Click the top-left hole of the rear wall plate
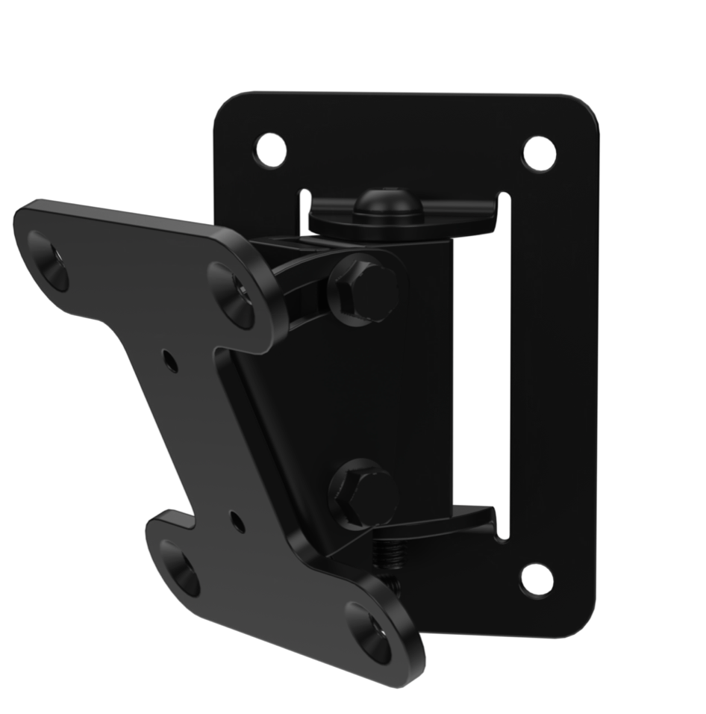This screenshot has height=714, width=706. (x=270, y=150)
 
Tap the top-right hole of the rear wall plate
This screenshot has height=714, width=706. (x=539, y=153)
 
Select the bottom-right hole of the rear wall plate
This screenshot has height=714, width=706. (x=537, y=579)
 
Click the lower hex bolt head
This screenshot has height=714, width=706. (x=364, y=493)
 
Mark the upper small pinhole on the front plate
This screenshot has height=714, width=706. (x=171, y=363)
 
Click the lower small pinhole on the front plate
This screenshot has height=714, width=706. (x=237, y=521)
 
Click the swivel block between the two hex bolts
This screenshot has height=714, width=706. (x=403, y=388)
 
